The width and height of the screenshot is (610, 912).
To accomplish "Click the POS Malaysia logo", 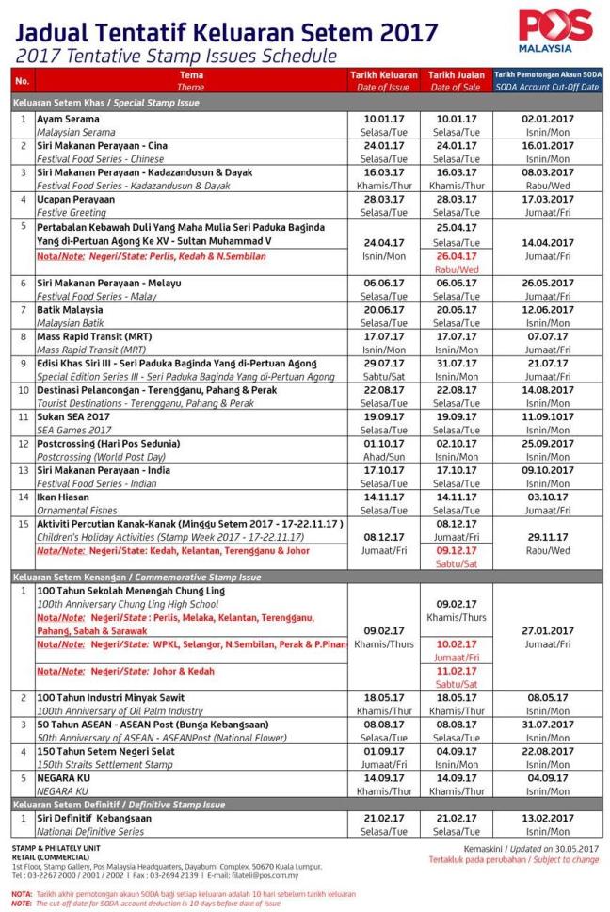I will click(554, 30).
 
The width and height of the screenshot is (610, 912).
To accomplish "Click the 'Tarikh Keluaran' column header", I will click(384, 73).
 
